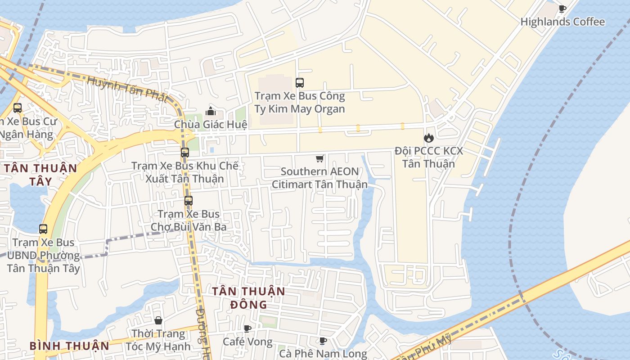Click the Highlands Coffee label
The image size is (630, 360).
(x=562, y=22)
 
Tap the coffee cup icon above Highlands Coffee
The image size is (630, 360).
(x=562, y=9)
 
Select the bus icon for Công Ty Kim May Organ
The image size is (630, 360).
(x=300, y=83)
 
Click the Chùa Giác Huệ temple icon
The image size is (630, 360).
(x=211, y=111)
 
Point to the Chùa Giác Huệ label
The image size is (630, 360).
(x=211, y=124)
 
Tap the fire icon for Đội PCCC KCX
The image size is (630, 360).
(x=428, y=138)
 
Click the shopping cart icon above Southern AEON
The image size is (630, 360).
(x=319, y=158)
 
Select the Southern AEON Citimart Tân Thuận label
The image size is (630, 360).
(x=319, y=178)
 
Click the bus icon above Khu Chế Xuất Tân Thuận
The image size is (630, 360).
(x=185, y=153)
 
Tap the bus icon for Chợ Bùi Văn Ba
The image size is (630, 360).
(x=189, y=201)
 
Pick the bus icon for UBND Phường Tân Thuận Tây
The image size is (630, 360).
(x=43, y=229)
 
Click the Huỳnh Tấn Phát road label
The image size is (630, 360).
(x=127, y=89)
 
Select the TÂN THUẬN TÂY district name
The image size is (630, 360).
(x=40, y=175)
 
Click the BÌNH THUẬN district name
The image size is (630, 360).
(x=69, y=346)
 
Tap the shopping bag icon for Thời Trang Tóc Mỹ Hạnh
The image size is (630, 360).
(x=158, y=320)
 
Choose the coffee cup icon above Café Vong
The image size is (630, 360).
(x=247, y=328)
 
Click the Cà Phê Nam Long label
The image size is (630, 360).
(x=323, y=354)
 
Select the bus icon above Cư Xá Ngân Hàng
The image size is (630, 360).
(x=18, y=108)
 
